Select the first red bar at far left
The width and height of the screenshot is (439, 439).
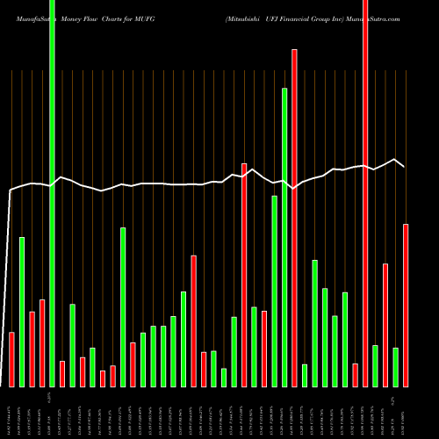click(11, 359)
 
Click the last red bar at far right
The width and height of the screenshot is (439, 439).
click(406, 305)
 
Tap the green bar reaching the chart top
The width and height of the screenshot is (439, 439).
click(52, 193)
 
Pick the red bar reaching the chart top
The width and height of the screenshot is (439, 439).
click(365, 193)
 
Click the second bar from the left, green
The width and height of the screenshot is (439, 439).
click(22, 312)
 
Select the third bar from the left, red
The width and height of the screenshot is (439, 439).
click(32, 349)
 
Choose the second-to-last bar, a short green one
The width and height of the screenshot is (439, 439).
click(395, 367)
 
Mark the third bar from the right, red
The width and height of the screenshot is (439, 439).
click(385, 325)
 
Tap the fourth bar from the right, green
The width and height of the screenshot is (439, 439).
click(375, 365)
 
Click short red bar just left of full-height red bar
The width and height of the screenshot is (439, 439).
click(355, 375)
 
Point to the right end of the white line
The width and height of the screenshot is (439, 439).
click(404, 166)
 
